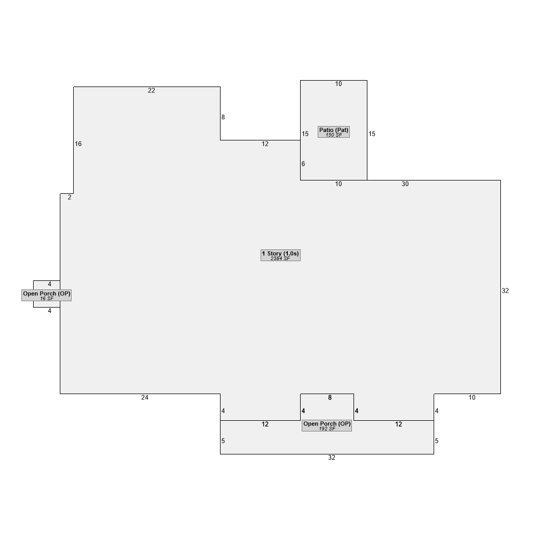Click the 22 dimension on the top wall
[152, 91]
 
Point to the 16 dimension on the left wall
[78, 144]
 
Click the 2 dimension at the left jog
[69, 198]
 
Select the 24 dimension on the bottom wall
[145, 397]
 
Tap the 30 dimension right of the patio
[405, 184]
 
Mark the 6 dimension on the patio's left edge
[303, 164]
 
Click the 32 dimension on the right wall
[505, 291]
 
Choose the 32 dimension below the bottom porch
[332, 458]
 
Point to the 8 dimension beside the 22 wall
[223, 117]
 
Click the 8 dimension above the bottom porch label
[329, 397]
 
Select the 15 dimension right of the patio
[372, 134]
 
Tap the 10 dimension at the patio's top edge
[339, 84]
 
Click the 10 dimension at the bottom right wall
[472, 397]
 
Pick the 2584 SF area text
[280, 258]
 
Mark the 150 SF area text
[334, 135]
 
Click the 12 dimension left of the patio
[265, 144]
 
